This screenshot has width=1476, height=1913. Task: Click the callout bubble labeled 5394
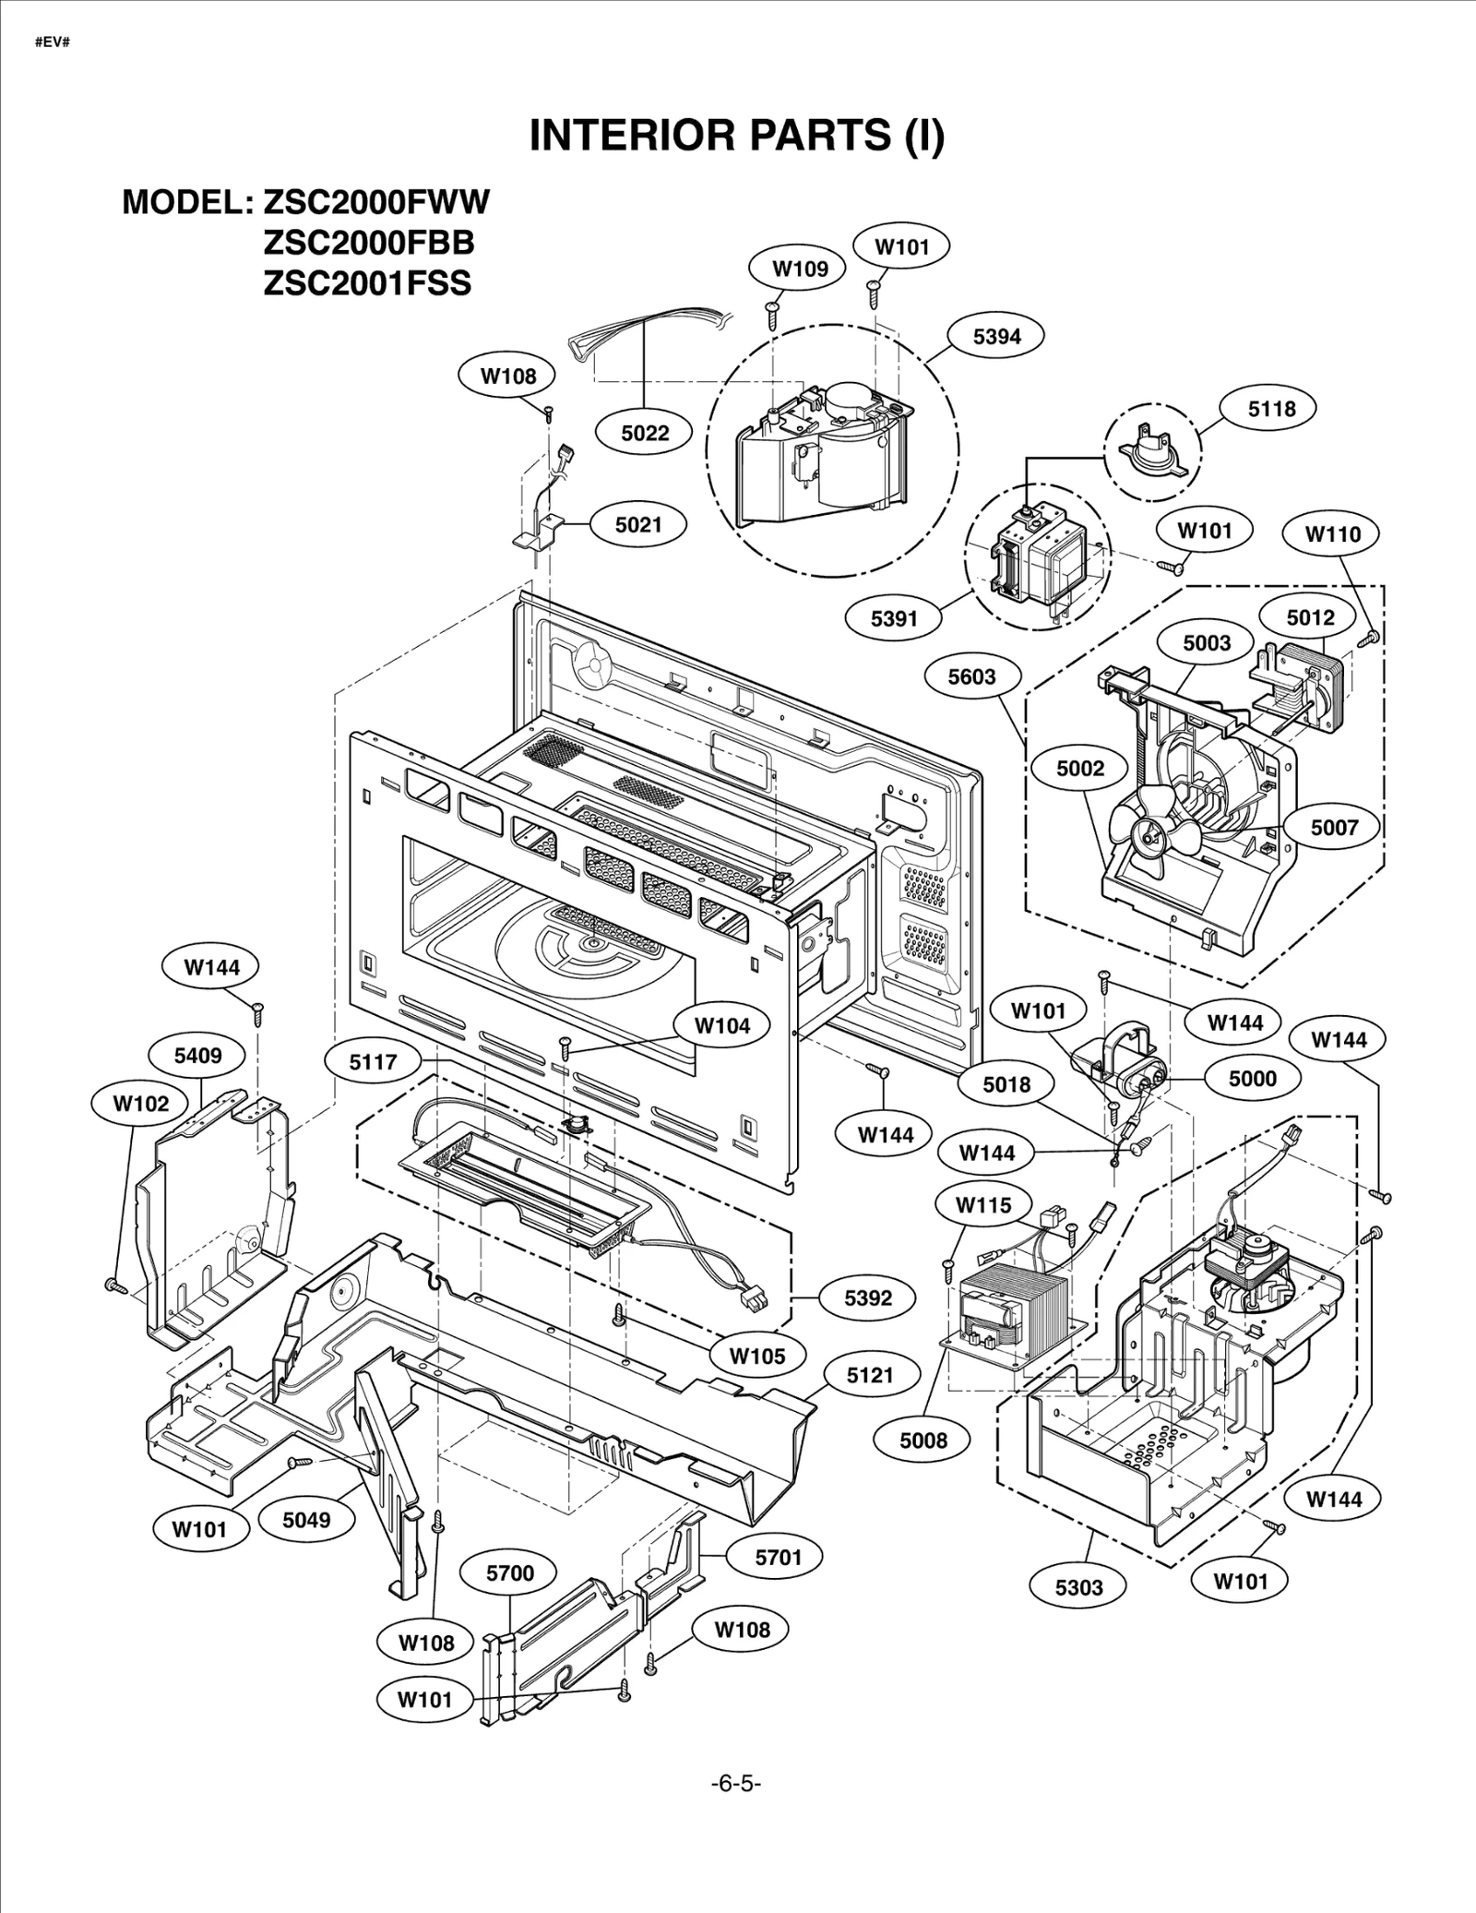coord(997,336)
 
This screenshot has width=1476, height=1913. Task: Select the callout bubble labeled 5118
coord(1271,408)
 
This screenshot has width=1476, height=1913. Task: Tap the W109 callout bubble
coord(800,269)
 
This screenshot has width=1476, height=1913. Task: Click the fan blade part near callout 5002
coord(1153,833)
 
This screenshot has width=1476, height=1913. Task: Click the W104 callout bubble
coord(721,1025)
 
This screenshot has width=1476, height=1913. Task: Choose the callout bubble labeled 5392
coord(868,1297)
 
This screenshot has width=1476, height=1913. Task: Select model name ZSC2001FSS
coord(367,283)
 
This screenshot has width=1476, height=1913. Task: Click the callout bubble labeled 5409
coord(197,1055)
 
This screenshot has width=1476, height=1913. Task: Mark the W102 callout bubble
coord(140,1103)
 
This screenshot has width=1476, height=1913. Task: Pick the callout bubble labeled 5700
coord(510,1572)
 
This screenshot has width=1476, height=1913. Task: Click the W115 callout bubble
coord(983,1204)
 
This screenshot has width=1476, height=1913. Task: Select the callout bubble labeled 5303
coord(1078,1586)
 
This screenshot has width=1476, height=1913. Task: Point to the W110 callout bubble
coord(1332,533)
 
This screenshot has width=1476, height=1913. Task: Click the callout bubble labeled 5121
coord(870,1375)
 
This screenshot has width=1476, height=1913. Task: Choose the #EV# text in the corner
coord(52,42)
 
